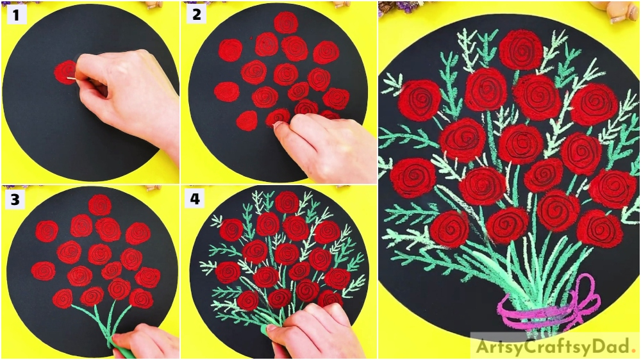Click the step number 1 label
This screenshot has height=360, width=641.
(16, 15)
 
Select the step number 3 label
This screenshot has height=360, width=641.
(15, 199)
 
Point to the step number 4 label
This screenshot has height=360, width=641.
(195, 199)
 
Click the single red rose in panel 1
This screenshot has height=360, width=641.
(65, 72)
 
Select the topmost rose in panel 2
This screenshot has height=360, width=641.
(286, 22)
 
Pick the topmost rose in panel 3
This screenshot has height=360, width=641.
(100, 205)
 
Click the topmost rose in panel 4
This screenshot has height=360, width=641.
(287, 202)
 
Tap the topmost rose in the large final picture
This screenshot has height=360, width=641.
(520, 50)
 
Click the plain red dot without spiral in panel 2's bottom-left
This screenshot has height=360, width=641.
(247, 120)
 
